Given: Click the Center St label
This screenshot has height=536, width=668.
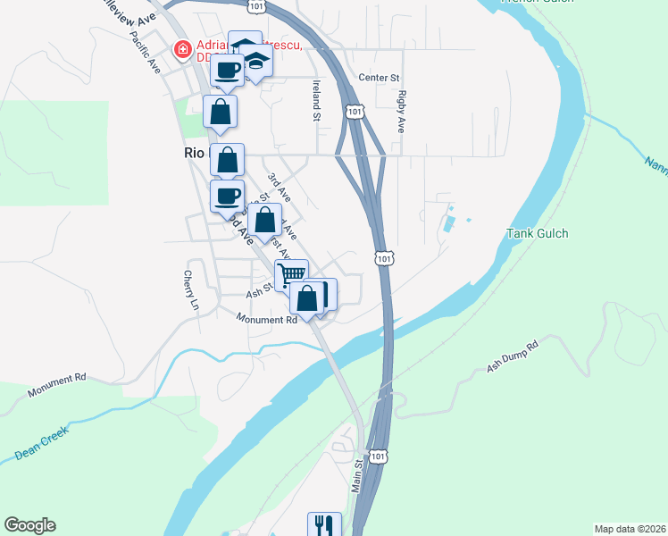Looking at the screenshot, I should [x=379, y=78].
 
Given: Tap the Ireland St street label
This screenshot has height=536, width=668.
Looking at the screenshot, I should [x=315, y=100].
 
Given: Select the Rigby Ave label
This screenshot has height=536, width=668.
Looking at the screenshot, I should [x=403, y=111].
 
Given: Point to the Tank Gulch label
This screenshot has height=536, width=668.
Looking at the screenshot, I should [x=538, y=234].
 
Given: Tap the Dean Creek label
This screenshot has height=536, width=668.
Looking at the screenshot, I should [x=41, y=446].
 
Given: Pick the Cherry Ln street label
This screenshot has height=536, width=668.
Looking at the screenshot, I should [x=191, y=290].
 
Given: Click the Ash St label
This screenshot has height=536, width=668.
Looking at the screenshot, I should [x=258, y=293].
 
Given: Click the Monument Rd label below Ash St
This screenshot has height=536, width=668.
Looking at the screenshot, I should [x=266, y=319].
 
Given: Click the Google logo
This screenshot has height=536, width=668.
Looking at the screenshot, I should [x=29, y=525].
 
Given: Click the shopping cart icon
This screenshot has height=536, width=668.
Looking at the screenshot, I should [x=291, y=273].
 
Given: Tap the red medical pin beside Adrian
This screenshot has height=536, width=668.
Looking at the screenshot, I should [x=182, y=50].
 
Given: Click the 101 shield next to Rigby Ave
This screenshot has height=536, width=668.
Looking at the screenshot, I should [x=355, y=112].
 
